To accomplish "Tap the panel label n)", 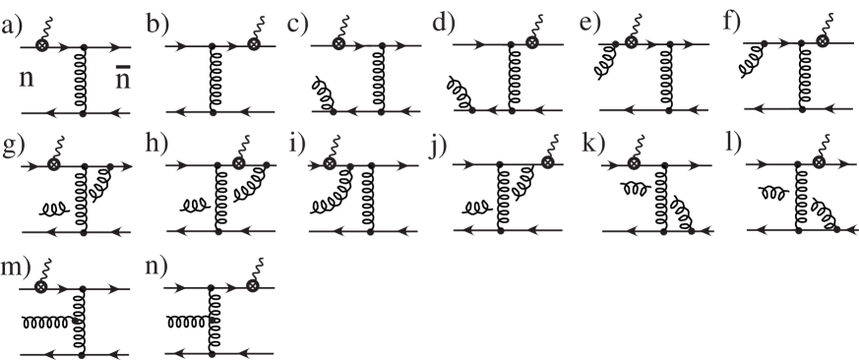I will [158, 268].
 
